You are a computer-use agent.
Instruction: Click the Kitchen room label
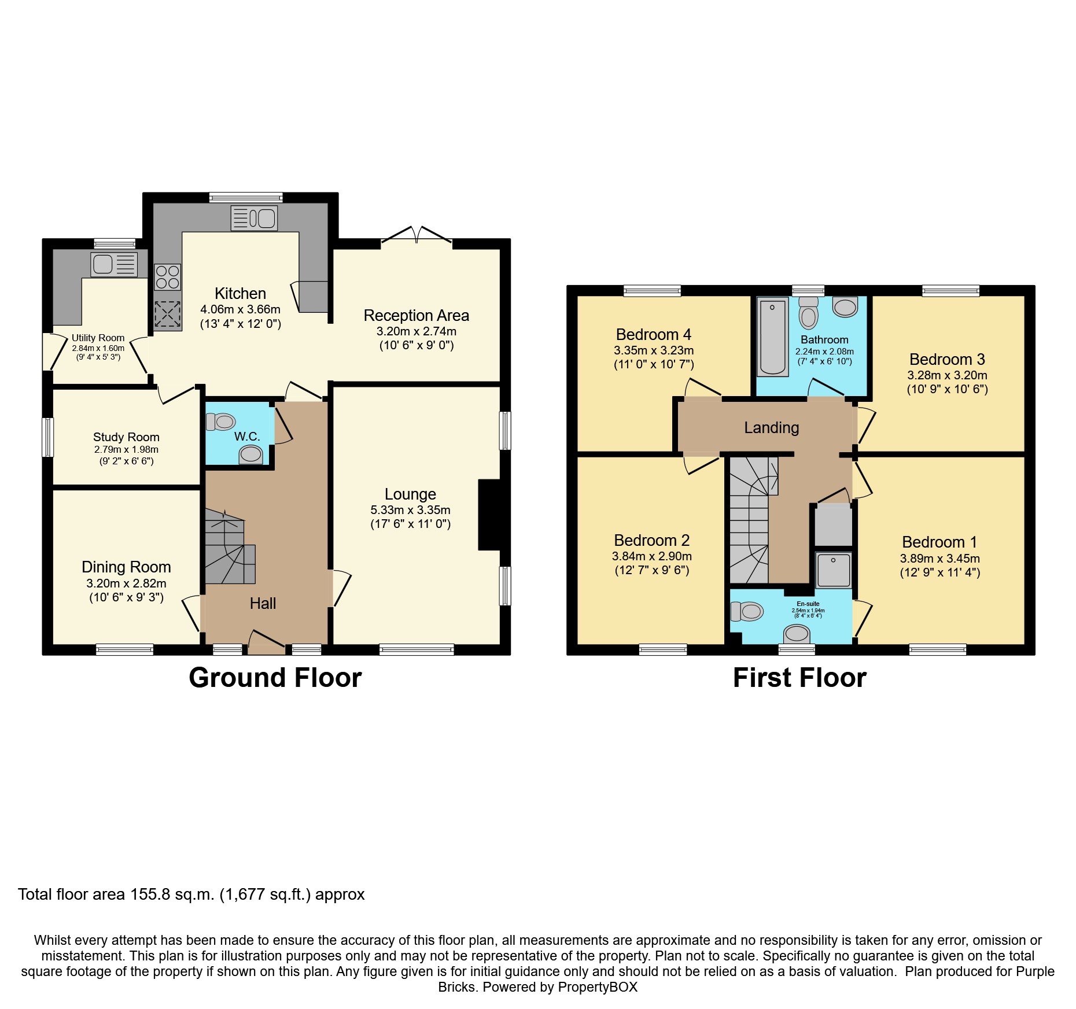240,293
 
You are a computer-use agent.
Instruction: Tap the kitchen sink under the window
254,219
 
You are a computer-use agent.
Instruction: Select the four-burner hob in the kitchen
168,277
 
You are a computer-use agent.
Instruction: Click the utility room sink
114,264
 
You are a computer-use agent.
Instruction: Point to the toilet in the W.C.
220,422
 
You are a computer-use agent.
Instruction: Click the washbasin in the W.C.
250,454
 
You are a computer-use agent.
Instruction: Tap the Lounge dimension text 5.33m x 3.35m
410,510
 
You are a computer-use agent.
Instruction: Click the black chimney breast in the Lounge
489,515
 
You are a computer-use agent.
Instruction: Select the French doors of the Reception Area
417,234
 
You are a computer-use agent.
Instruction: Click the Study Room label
126,437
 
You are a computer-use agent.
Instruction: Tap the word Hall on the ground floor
263,603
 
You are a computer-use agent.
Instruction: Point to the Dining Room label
126,567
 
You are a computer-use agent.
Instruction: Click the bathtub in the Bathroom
772,337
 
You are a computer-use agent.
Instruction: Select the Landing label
771,427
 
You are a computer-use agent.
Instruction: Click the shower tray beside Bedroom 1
834,570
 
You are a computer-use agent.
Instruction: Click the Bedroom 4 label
653,334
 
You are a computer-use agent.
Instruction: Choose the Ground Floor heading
275,678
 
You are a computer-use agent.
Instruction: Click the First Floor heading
799,678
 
